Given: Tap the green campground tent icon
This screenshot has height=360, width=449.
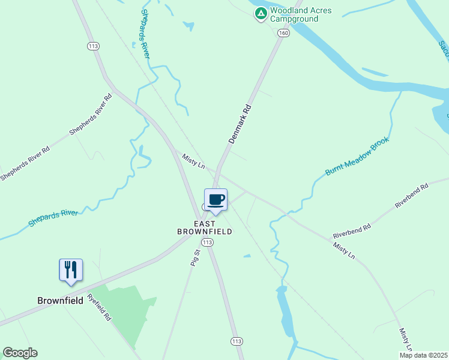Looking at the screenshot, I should pos(261,14).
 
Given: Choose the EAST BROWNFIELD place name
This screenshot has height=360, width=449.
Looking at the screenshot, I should pos(204,227).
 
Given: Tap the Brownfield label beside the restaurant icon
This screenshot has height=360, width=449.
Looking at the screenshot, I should pos(60,301).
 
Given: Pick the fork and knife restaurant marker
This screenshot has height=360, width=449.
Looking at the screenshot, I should pos(71,271).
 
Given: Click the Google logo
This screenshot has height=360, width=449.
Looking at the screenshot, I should pos(20,353).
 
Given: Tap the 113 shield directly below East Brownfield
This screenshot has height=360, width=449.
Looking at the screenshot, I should pos(207,242).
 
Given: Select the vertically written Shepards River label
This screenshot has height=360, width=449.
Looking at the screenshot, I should pos(145,34).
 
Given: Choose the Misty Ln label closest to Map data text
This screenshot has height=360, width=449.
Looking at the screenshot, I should pos(406,340).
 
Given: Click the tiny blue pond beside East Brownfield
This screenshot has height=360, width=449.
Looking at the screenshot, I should pos(247,256).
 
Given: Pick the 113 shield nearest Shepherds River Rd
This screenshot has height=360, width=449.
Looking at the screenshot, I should pos(92,46).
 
